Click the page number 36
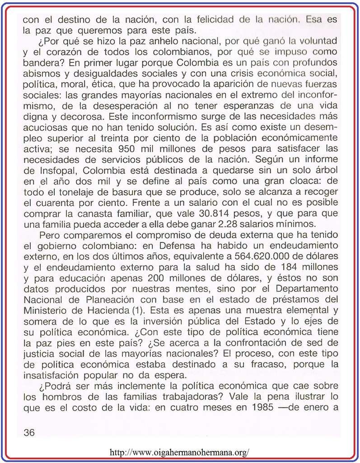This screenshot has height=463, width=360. pos(29,433)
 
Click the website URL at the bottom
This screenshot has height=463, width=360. pos(179,452)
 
